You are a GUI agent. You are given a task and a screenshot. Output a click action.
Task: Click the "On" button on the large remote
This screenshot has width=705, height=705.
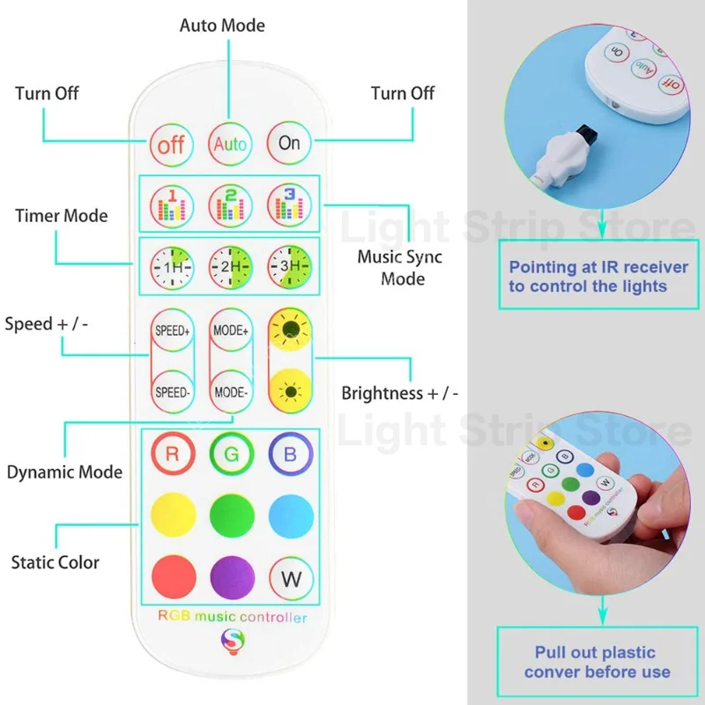coord(289,143)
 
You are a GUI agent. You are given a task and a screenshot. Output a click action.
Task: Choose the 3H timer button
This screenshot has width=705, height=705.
coord(289,264)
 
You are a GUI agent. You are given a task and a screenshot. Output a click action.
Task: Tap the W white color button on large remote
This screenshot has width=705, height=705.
coord(289,580)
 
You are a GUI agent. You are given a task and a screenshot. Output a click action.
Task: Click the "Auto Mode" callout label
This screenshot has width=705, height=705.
coord(222,26)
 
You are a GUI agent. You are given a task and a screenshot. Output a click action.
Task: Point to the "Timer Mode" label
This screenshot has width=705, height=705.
coord(62,216)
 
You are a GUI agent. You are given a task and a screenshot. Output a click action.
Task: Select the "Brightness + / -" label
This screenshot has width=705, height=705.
coord(400,393)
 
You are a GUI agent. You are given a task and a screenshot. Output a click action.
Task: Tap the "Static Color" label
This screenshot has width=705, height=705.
coord(55,562)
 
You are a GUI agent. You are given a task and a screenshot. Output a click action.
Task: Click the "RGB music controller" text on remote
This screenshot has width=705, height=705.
coord(232,618)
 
